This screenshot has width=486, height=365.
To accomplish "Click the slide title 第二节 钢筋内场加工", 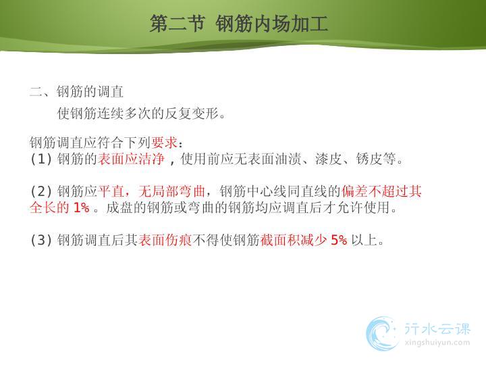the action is point(239,24).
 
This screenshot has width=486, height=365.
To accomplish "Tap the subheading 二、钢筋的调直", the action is point(76,91).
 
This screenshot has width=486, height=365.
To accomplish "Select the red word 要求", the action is point(165,143).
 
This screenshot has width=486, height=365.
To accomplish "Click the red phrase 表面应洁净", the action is point(131,159).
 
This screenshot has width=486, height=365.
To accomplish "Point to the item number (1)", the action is point(40,159).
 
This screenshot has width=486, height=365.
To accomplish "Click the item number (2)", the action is point(40,191).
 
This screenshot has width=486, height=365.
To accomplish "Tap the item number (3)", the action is point(40,240).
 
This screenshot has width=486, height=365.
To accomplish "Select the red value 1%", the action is point(82,208).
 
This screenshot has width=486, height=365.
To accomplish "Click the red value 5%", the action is point(339,240).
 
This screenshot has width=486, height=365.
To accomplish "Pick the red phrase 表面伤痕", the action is point(165,240).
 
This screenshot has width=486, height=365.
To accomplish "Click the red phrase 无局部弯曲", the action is point(171,191).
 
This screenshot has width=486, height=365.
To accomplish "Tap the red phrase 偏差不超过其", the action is point(381,191).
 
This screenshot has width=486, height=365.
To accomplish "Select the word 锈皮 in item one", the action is point(369,159).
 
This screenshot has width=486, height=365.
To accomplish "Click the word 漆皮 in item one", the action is point(329,159).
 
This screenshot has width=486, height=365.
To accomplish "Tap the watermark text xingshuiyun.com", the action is point(437,343).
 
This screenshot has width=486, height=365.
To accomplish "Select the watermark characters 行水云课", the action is point(437,328).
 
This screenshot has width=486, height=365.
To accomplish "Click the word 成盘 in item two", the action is point(119,208).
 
